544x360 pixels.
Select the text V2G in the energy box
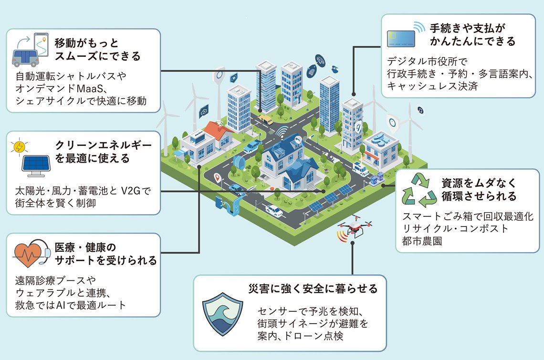129,192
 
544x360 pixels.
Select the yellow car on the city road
266,120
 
